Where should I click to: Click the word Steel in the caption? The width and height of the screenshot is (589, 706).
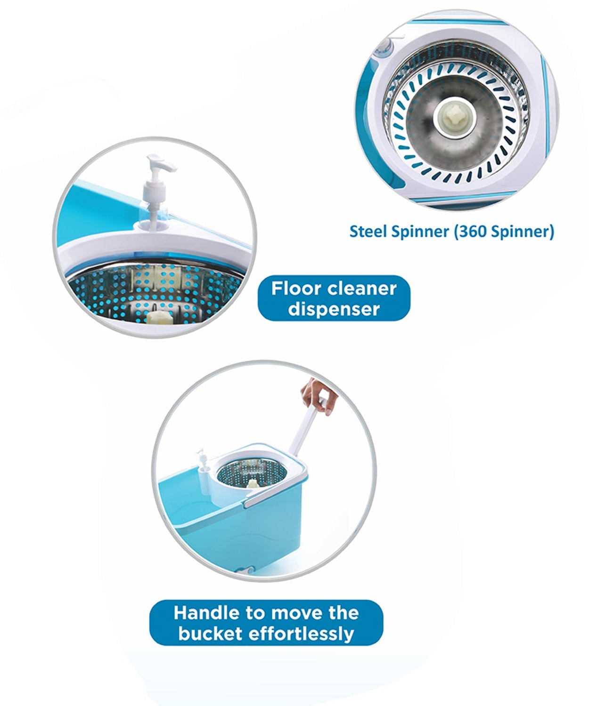pyautogui.click(x=366, y=232)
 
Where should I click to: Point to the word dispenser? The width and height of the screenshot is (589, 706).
pyautogui.click(x=334, y=309)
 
